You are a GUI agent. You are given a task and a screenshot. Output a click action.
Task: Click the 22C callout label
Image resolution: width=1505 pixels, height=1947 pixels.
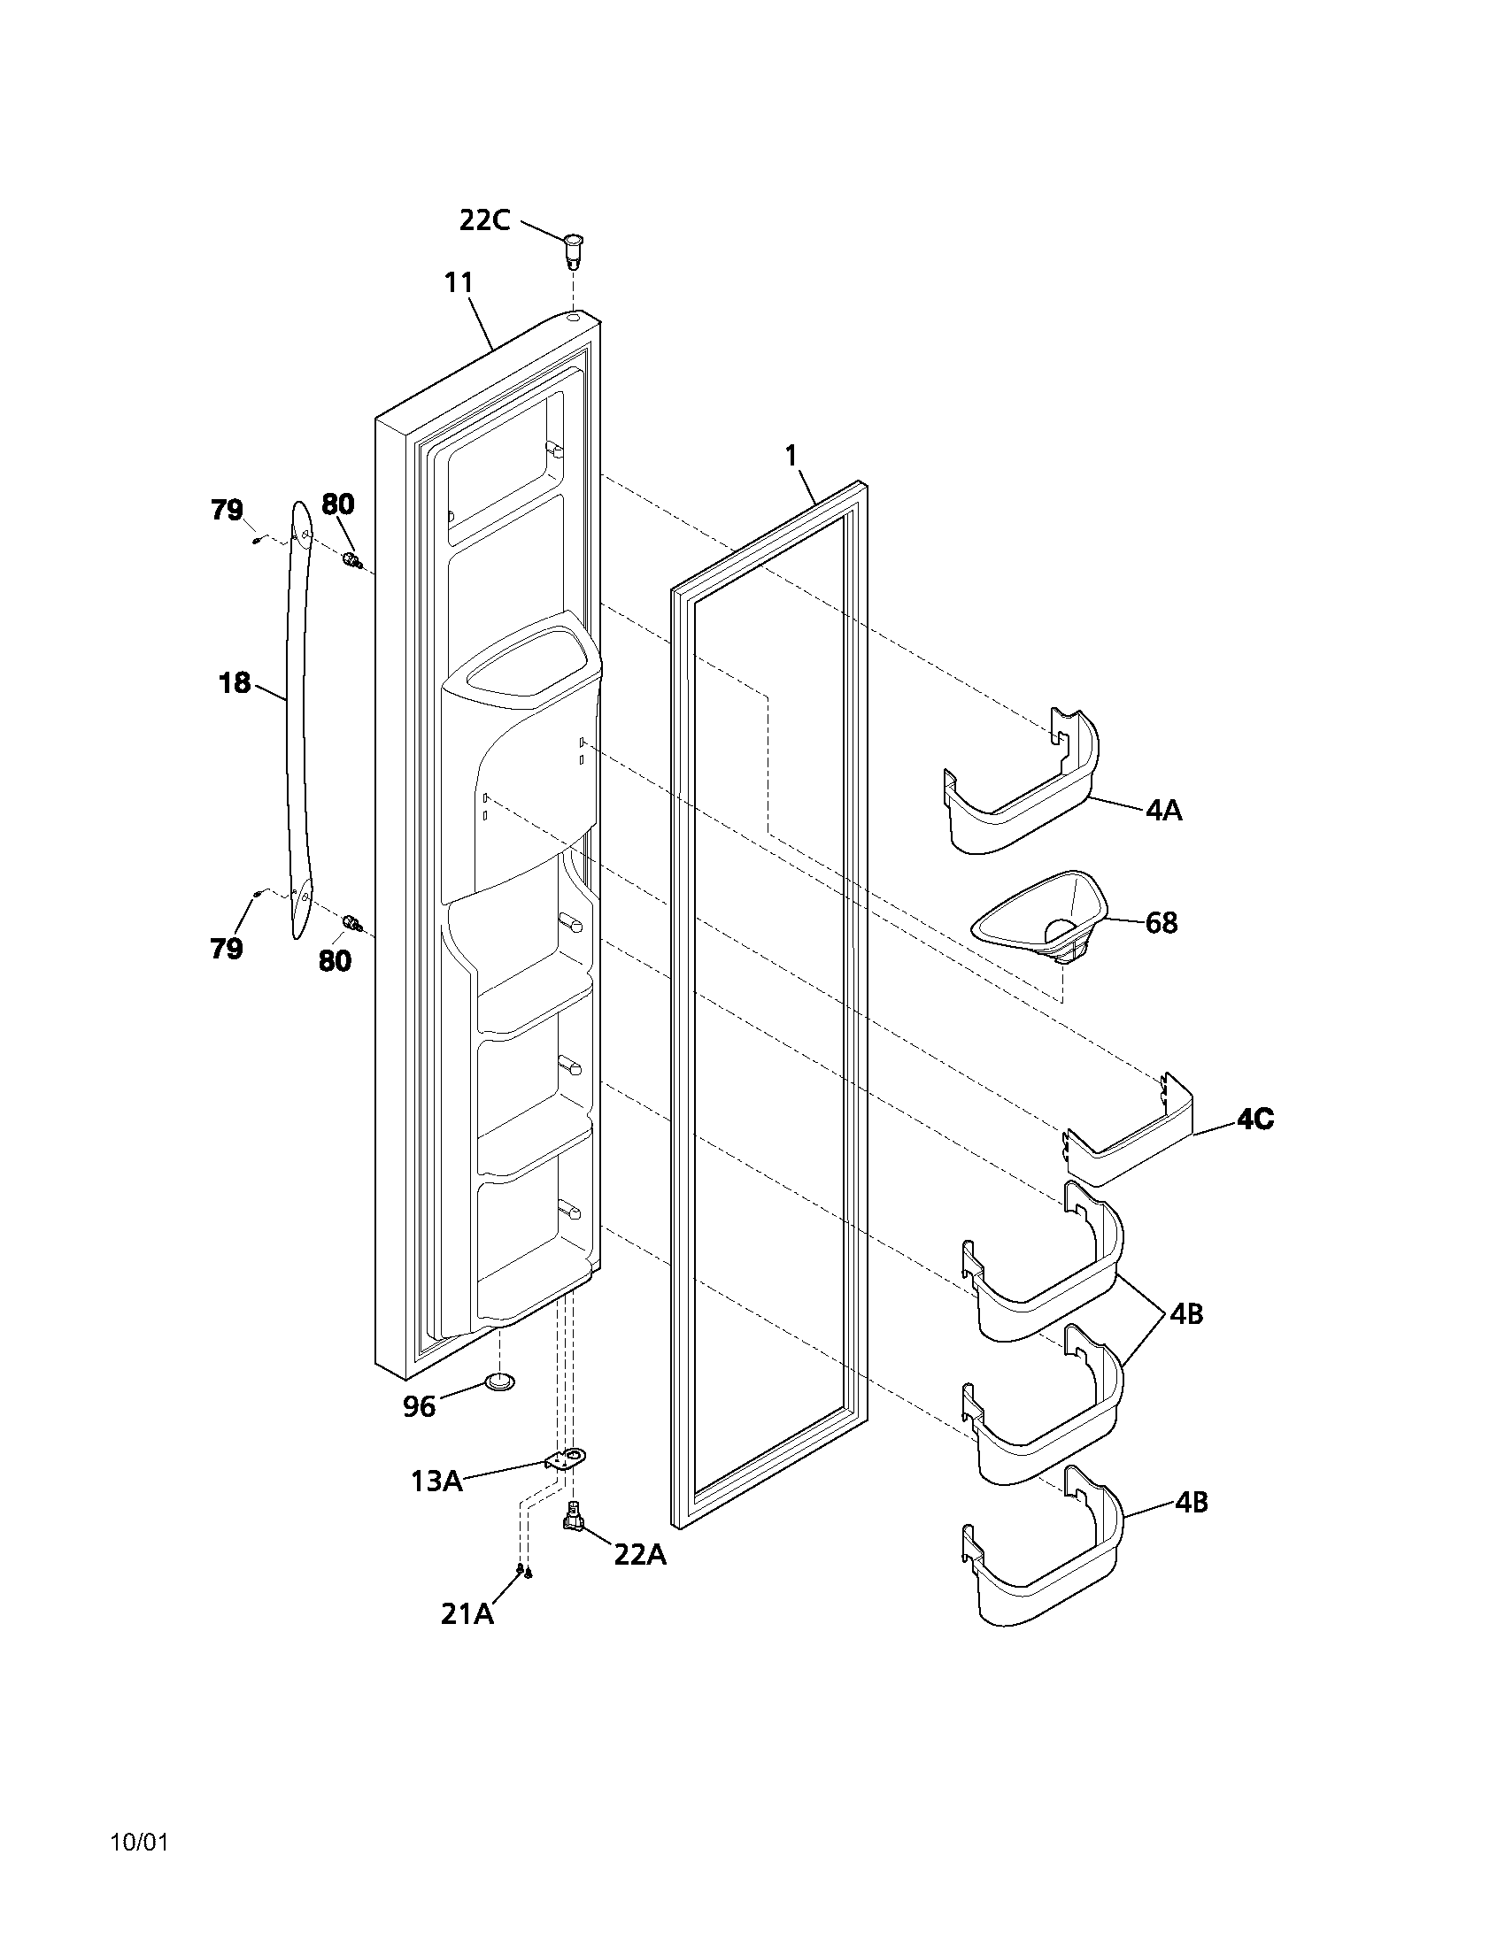click(484, 220)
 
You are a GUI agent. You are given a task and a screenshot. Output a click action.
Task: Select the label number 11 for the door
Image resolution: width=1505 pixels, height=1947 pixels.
click(459, 282)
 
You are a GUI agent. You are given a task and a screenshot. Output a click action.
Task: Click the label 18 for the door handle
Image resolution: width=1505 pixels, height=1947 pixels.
click(235, 684)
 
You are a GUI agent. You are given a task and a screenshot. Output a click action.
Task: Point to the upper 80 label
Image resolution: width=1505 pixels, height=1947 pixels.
click(338, 504)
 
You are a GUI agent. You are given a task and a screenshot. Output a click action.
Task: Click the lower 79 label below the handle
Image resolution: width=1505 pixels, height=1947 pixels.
click(227, 949)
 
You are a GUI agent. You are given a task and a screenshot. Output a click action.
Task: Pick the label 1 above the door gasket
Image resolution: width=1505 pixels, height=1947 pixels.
click(790, 456)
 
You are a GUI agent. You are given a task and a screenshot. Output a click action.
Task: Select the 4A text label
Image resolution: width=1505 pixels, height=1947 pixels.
click(1163, 811)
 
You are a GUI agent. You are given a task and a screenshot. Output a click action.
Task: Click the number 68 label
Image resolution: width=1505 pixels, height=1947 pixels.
click(1161, 923)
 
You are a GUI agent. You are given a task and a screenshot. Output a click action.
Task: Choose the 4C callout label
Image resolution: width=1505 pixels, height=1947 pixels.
click(1254, 1120)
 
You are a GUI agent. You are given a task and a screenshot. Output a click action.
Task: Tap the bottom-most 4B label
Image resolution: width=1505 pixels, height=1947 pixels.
click(1191, 1502)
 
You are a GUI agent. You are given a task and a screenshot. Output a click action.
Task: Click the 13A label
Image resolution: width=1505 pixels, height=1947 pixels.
click(436, 1481)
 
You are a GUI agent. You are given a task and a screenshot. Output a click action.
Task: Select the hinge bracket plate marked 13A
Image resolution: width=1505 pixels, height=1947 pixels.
click(566, 1458)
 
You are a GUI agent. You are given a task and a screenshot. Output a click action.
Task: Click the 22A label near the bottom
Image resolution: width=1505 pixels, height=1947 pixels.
click(639, 1555)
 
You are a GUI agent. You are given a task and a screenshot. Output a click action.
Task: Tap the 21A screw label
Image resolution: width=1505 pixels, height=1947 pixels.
click(467, 1613)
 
